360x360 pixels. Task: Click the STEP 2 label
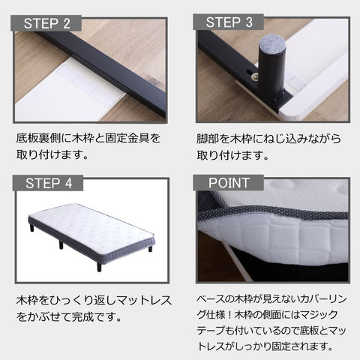click(46, 23)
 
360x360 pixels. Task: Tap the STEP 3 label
click(229, 22)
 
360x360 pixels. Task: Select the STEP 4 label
click(48, 183)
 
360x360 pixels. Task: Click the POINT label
click(229, 183)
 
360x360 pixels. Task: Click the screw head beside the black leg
click(255, 76)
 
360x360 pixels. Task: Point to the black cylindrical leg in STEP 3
click(271, 68)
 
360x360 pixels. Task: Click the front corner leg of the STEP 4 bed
click(99, 267)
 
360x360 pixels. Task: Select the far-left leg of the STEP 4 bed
click(32, 228)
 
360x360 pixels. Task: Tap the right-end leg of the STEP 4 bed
click(150, 249)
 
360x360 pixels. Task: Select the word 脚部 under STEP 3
click(207, 139)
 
